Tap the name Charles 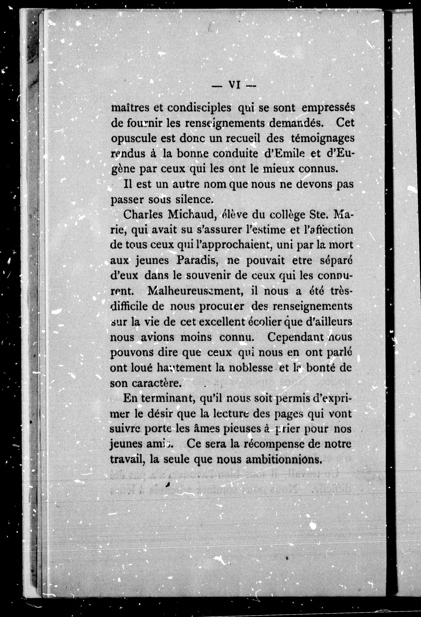coord(143,214)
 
